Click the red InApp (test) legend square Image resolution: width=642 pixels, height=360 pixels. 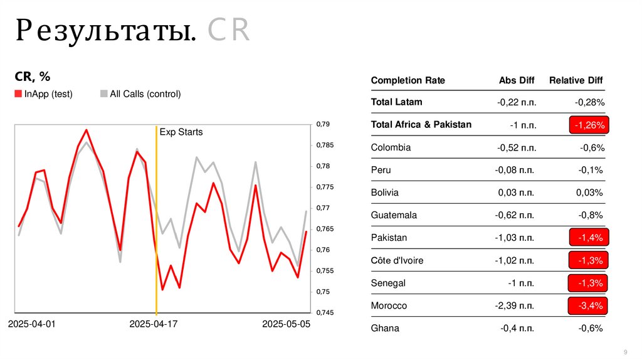18,94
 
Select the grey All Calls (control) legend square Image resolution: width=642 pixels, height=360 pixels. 103,94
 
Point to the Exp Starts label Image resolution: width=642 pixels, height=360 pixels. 181,132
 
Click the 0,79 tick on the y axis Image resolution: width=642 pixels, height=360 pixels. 324,124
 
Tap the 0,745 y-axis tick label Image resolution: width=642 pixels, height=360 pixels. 325,313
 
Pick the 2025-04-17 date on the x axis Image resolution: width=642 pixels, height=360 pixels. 154,324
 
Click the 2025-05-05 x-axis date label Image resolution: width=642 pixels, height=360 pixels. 286,324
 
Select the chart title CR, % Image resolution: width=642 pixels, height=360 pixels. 32,77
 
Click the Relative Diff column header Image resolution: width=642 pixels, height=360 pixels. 576,80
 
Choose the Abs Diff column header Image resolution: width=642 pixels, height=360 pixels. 517,80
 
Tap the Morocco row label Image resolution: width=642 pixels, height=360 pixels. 389,305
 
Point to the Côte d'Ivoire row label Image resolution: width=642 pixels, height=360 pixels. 397,260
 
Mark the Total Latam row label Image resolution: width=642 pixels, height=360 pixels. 396,102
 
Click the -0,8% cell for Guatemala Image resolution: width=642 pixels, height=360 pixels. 591,215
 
